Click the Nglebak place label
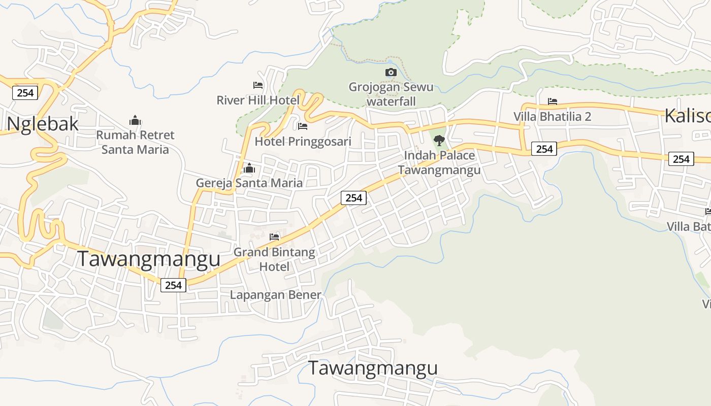point(43,123)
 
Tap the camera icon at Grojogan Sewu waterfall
point(391,72)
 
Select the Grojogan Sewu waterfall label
point(391,94)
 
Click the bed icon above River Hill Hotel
point(258,85)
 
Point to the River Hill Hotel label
point(258,100)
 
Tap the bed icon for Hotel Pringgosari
point(303,126)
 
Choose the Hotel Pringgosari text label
point(303,141)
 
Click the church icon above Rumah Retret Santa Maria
point(135,120)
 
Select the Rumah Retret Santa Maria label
point(135,142)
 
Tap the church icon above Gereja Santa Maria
point(249,167)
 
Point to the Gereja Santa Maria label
point(249,183)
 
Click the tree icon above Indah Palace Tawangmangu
point(439,141)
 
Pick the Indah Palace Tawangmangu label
point(439,162)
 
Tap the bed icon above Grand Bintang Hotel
point(274,236)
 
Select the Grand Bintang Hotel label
point(274,259)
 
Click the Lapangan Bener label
point(275,294)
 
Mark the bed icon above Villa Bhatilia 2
point(553,101)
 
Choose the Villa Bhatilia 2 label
point(553,116)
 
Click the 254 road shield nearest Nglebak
point(25,92)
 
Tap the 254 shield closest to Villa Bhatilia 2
point(544,149)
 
